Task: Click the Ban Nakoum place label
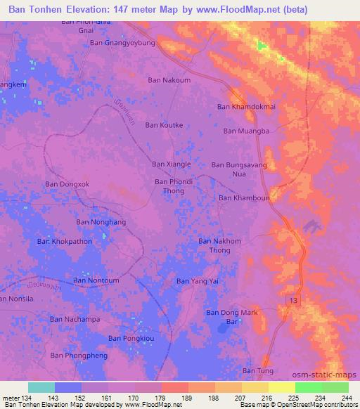coord(169,80)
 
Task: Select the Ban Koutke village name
coord(164,125)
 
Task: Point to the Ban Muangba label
coord(247,130)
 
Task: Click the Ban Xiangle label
coord(172,164)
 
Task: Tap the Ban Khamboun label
coord(244,197)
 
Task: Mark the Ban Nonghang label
coord(99,222)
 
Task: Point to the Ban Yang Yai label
coord(198,281)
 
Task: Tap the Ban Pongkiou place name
coord(131,338)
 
